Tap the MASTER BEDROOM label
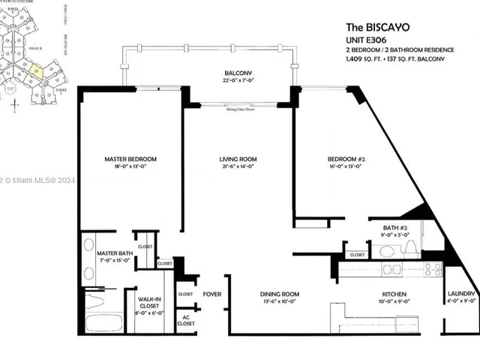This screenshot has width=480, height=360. coord(130,160)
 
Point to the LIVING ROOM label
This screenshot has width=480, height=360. coord(238,160)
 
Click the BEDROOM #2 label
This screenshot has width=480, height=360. coord(345,160)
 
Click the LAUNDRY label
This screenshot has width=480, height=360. coord(460,293)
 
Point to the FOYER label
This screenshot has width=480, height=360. coord(212,294)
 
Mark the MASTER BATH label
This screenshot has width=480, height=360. coord(115,254)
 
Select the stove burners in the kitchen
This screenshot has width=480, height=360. coord(432,268)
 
